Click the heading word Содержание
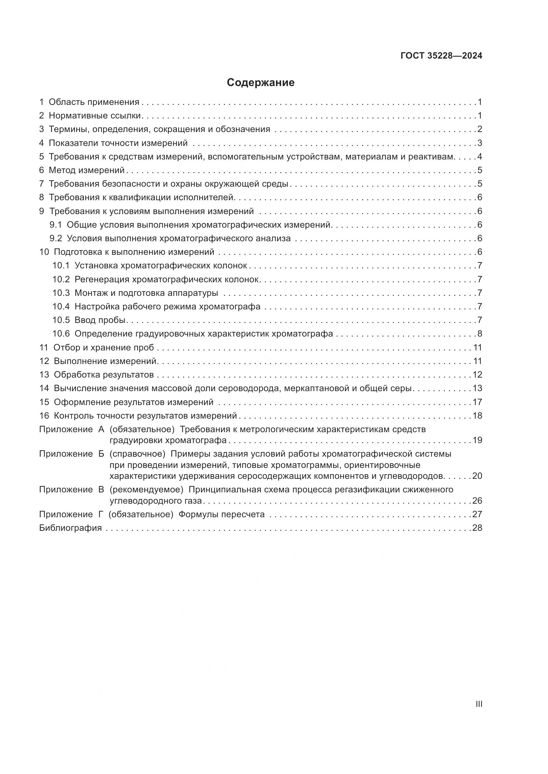point(260,83)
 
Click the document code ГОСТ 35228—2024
point(441,56)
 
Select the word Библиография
point(70,528)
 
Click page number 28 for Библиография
point(477,528)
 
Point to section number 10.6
point(61,334)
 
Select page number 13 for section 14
point(477,388)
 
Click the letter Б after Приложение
point(101,454)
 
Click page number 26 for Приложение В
point(477,501)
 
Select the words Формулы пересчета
point(221,515)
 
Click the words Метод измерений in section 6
point(87,170)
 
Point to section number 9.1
point(56,225)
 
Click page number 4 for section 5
point(479,157)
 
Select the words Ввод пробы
point(100,320)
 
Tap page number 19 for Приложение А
point(477,440)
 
